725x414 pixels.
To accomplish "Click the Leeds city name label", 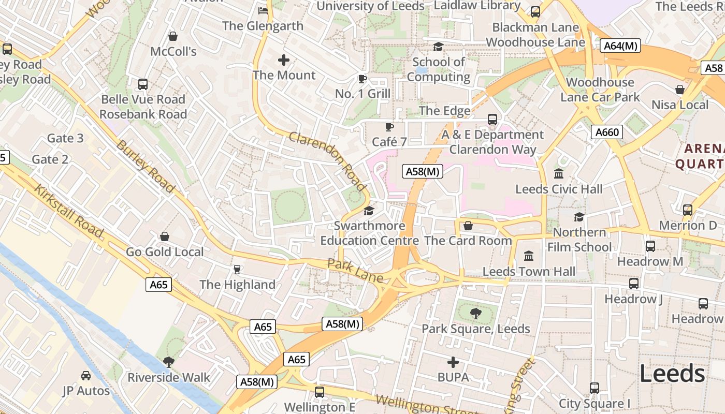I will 672,374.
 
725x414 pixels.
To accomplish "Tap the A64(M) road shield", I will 621,46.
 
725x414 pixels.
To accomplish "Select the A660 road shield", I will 607,132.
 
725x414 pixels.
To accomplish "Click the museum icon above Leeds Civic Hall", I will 559,174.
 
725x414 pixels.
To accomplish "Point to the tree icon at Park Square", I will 475,313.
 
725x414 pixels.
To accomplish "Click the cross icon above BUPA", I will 453,362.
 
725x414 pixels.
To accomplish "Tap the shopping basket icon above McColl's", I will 173,36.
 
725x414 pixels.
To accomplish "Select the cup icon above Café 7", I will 389,127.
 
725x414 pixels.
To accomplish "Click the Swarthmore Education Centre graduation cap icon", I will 369,211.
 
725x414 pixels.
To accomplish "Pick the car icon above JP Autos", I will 86,376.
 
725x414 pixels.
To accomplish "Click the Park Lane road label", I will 355,271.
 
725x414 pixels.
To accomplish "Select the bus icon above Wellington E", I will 320,392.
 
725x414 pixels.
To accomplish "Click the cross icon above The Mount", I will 284,60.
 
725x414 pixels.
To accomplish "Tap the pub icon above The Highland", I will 237,269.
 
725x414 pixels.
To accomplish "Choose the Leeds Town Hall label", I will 529,271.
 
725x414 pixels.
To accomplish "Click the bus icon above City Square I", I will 594,388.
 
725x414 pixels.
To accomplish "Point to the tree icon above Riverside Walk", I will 168,362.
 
